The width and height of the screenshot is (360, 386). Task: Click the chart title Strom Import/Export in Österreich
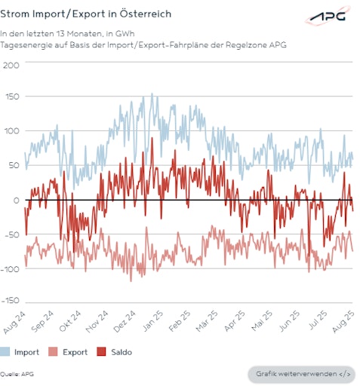(85, 14)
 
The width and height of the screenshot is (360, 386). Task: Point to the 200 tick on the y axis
(11, 65)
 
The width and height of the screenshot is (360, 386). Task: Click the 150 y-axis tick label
(11, 98)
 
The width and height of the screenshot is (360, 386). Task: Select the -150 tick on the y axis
(10, 300)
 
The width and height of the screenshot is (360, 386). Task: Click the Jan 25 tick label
(154, 320)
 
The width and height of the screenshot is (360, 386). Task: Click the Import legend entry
(21, 352)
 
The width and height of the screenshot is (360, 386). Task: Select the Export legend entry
(66, 352)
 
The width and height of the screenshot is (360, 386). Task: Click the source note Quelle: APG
(17, 374)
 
